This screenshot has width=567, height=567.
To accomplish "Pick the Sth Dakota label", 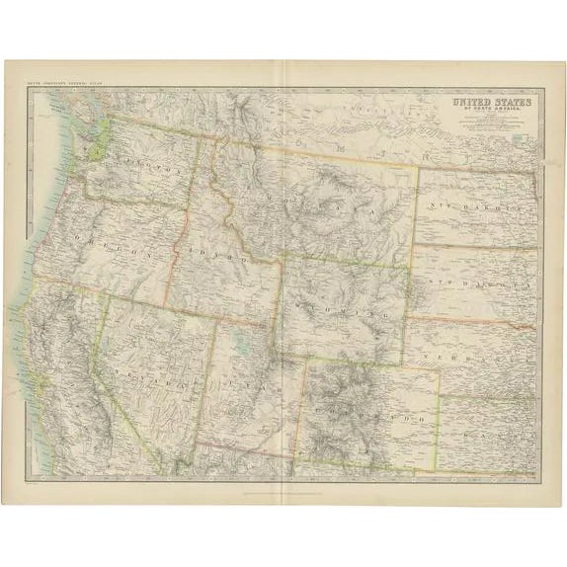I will coord(468,278).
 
